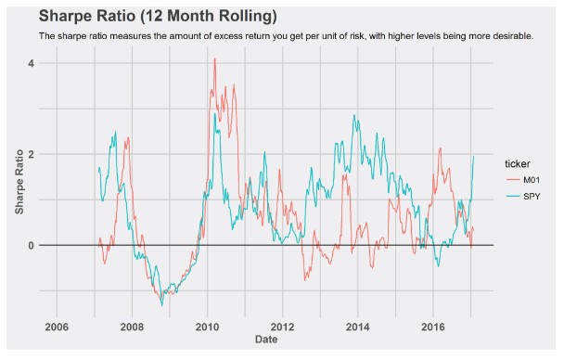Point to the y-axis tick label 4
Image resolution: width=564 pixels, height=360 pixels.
click(x=30, y=63)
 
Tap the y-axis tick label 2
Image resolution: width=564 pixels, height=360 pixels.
click(x=30, y=154)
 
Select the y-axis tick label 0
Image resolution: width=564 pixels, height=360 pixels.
click(x=30, y=245)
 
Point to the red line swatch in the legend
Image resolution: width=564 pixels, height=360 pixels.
click(x=510, y=178)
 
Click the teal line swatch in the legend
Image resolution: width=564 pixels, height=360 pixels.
click(x=510, y=196)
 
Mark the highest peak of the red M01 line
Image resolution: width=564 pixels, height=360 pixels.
click(x=214, y=59)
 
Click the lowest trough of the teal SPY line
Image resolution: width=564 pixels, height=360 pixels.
click(x=162, y=304)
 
